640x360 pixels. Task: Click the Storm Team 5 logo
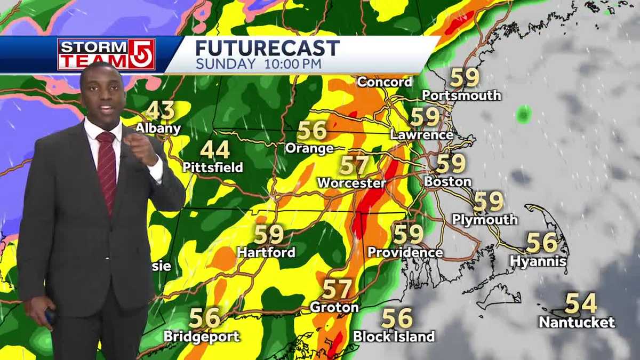[106, 54]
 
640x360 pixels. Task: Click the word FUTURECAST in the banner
[267, 48]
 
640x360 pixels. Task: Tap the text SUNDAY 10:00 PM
[259, 64]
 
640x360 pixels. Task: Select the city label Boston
[447, 181]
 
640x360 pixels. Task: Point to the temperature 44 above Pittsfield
[215, 150]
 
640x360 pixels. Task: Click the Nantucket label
[577, 322]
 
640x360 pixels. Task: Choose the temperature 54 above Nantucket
[580, 303]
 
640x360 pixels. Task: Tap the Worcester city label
[351, 183]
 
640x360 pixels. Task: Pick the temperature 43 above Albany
[160, 110]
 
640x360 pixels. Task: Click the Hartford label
[266, 252]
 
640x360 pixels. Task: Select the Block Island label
[394, 337]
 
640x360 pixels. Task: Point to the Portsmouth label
[461, 95]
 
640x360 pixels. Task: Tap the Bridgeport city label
[202, 337]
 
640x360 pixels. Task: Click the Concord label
[385, 82]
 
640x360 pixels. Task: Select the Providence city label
[405, 252]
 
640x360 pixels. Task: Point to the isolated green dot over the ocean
[524, 114]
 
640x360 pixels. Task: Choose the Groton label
[334, 308]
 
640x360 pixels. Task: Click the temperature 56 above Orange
[312, 131]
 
